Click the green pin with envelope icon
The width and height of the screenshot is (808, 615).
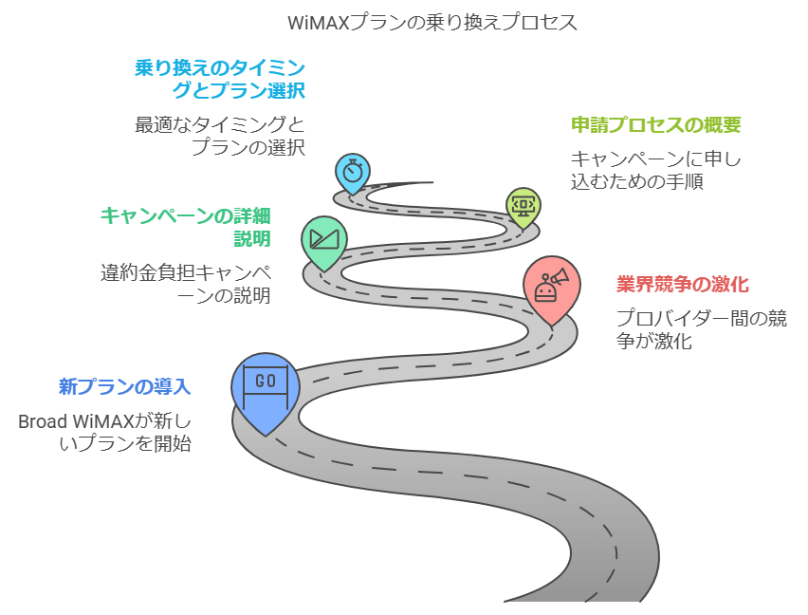[x=323, y=242]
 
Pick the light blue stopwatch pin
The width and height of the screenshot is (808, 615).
[x=353, y=174]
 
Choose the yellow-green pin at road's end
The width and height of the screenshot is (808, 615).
[x=523, y=206]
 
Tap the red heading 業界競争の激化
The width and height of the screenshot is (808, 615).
[x=683, y=285]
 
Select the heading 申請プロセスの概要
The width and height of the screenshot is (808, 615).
[x=655, y=125]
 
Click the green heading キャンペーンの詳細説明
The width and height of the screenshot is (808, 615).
[x=186, y=226]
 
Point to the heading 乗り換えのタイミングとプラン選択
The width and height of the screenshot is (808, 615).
[x=220, y=80]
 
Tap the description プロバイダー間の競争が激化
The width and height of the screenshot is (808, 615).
[x=701, y=329]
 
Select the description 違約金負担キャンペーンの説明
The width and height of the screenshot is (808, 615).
[x=186, y=284]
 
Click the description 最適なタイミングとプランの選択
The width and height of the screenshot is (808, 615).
[x=220, y=136]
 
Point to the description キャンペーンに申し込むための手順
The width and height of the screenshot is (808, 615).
[x=655, y=170]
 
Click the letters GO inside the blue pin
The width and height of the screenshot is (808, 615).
[x=266, y=381]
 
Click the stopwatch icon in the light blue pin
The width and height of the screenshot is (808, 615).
[x=353, y=171]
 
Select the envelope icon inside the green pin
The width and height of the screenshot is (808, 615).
[x=323, y=236]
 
